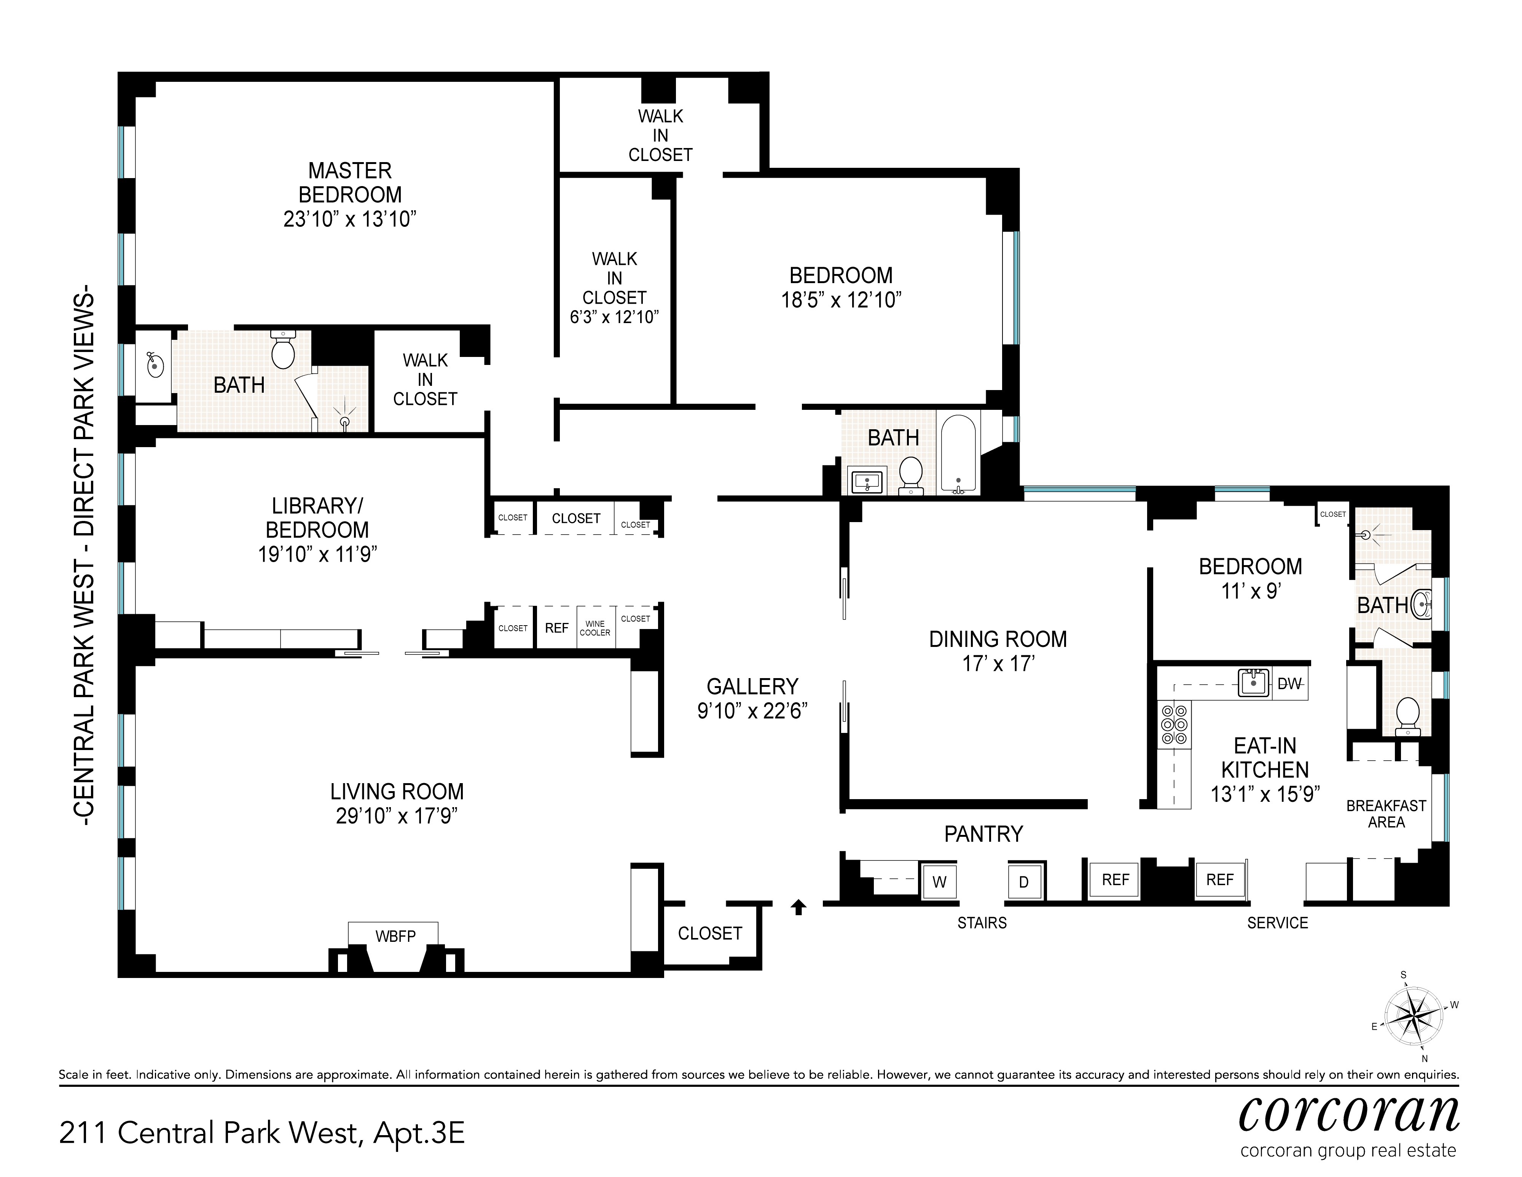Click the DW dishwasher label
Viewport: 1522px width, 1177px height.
coord(1289,683)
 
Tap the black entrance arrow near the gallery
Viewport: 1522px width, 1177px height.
coord(798,906)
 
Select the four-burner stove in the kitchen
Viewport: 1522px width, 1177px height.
coord(1174,725)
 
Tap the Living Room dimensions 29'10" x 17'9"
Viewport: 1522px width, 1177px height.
coord(397,815)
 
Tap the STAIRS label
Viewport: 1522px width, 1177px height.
coord(982,923)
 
